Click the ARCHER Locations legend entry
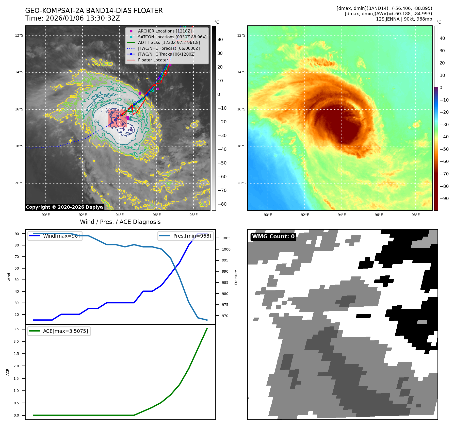click(x=165, y=31)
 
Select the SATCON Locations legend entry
click(x=172, y=37)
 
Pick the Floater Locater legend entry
click(x=153, y=60)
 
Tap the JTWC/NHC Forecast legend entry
click(x=169, y=48)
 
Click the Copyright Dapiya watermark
click(x=64, y=207)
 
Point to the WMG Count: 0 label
click(x=273, y=237)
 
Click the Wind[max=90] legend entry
click(x=61, y=236)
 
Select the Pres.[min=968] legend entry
click(x=192, y=236)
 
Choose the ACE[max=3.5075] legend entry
click(x=65, y=331)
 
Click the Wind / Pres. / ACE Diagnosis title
click(x=120, y=222)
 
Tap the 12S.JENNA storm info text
click(x=404, y=19)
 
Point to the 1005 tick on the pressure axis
click(x=226, y=238)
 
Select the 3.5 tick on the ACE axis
click(x=16, y=329)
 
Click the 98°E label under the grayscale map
click(x=193, y=215)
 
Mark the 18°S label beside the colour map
click(x=241, y=146)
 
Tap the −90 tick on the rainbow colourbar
click(x=444, y=199)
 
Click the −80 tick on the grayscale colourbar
click(x=222, y=204)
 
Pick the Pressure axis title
click(x=236, y=277)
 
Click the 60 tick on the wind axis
click(x=17, y=268)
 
